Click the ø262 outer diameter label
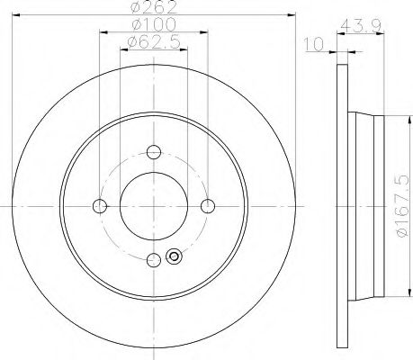click(x=154, y=7)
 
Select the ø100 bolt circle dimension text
click(x=154, y=25)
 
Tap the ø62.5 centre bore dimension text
click(x=154, y=42)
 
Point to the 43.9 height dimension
click(x=361, y=26)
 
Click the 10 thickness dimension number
click(x=314, y=44)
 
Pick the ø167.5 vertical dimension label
click(x=402, y=205)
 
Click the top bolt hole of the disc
click(x=154, y=152)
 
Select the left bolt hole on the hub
click(x=100, y=206)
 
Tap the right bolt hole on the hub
click(x=208, y=206)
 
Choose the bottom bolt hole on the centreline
click(x=154, y=260)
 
